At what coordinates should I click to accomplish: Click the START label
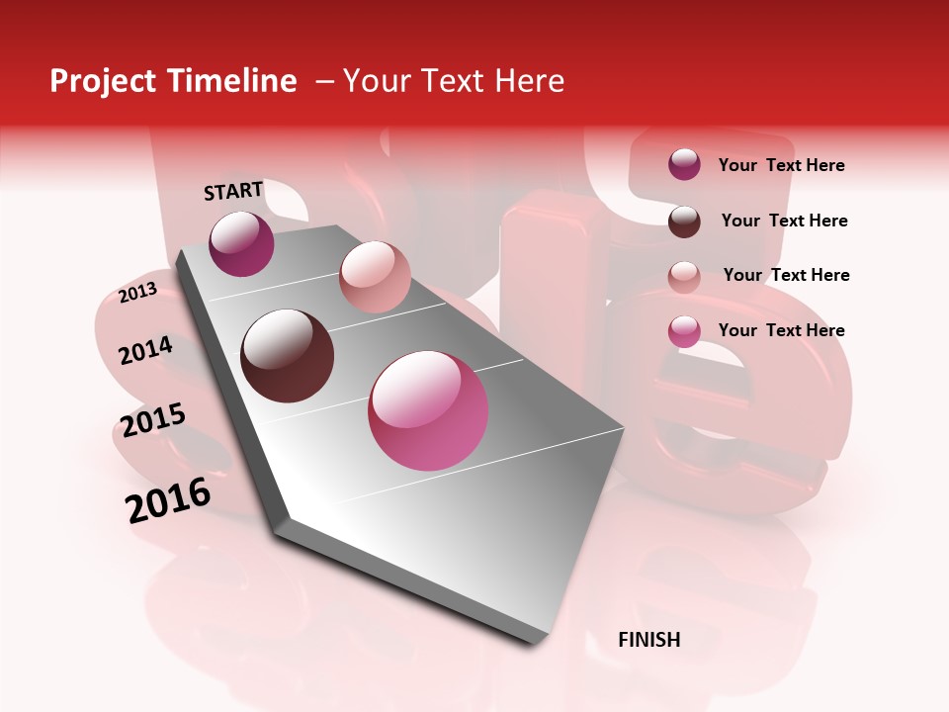click(x=233, y=191)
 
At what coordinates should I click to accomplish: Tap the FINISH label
click(x=649, y=640)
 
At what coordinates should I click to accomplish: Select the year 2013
click(x=137, y=293)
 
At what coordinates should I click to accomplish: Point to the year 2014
click(x=146, y=350)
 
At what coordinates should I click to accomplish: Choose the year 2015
click(x=153, y=421)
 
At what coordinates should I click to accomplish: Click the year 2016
click(x=168, y=500)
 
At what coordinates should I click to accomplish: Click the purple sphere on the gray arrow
click(x=241, y=243)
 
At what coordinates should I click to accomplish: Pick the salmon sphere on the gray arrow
click(x=375, y=277)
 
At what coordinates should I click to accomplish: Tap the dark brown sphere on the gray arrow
click(x=288, y=356)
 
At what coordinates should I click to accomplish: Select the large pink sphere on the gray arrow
click(x=428, y=410)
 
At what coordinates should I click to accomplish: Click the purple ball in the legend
click(x=684, y=164)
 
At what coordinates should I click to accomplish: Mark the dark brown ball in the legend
click(x=684, y=222)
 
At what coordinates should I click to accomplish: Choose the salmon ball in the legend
click(x=684, y=277)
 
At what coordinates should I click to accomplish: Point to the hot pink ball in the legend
click(x=684, y=331)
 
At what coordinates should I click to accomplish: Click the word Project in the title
click(x=103, y=81)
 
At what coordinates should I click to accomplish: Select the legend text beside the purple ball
click(x=782, y=165)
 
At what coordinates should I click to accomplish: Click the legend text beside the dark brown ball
click(x=785, y=221)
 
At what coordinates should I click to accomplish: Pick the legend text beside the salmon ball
click(x=787, y=275)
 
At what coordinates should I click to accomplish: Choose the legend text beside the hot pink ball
click(x=782, y=330)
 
